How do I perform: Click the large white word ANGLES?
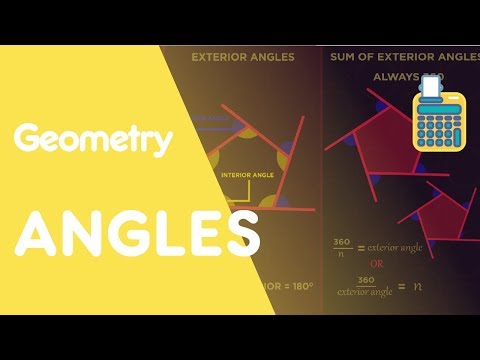click(x=137, y=235)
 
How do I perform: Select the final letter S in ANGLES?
click(x=239, y=235)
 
